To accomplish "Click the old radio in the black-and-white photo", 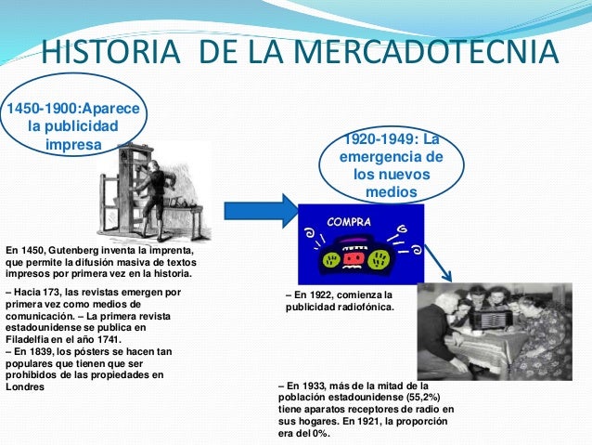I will tap(487, 320).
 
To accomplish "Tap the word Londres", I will tap(25, 386).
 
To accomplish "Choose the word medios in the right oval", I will tap(393, 192).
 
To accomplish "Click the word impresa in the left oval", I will tap(74, 144).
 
